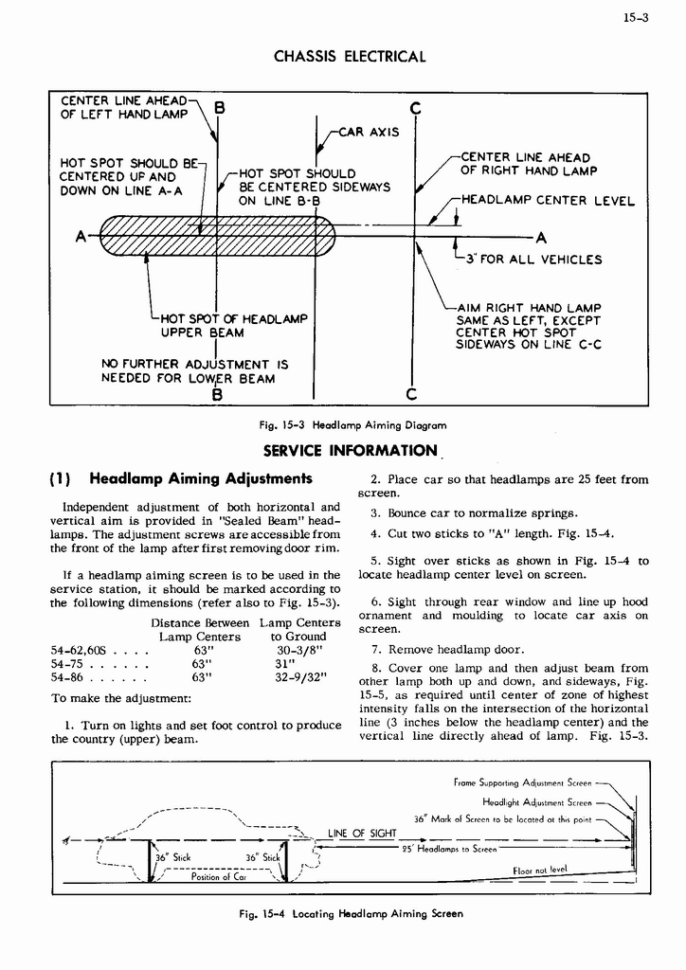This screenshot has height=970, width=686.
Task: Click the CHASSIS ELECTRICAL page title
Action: pyautogui.click(x=350, y=57)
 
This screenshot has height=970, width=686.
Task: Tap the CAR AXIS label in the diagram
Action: pyautogui.click(x=369, y=132)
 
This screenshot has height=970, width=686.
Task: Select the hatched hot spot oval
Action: pyautogui.click(x=217, y=236)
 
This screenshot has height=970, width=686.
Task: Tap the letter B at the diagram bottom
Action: pyautogui.click(x=217, y=395)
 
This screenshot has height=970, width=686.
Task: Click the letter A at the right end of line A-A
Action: pyautogui.click(x=541, y=237)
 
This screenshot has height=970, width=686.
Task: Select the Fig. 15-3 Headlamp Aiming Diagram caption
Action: pyautogui.click(x=346, y=425)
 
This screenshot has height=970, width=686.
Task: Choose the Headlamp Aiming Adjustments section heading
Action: pyautogui.click(x=200, y=479)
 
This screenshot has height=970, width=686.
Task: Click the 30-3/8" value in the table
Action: pyautogui.click(x=300, y=650)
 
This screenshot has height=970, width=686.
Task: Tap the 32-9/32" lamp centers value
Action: pyautogui.click(x=302, y=677)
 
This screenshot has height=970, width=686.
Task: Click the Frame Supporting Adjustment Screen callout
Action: pyautogui.click(x=523, y=783)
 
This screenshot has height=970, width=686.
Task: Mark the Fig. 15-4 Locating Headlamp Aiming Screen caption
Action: pyautogui.click(x=351, y=914)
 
